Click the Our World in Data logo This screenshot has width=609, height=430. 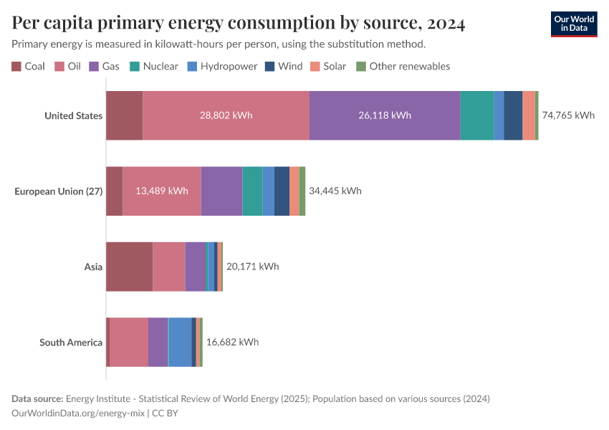(573, 24)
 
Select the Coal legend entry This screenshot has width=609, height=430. (28, 66)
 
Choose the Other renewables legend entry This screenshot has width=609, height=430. (403, 66)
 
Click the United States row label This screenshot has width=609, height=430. (73, 116)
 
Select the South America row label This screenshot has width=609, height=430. (71, 342)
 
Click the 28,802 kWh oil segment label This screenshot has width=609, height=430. (226, 116)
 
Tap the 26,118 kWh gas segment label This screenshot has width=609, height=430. (384, 116)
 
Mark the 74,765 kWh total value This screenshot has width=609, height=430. (568, 115)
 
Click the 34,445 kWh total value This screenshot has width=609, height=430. (335, 191)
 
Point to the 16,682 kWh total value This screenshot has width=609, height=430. (232, 342)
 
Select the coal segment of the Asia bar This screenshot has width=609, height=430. (129, 267)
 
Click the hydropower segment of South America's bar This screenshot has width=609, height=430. (180, 342)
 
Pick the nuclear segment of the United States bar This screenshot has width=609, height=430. (476, 116)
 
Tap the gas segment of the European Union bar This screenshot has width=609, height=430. (221, 191)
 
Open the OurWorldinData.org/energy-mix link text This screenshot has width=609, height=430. (78, 414)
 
